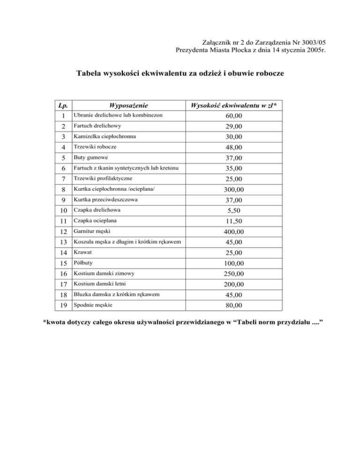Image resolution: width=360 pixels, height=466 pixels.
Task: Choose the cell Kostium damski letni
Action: (x=96, y=285)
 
